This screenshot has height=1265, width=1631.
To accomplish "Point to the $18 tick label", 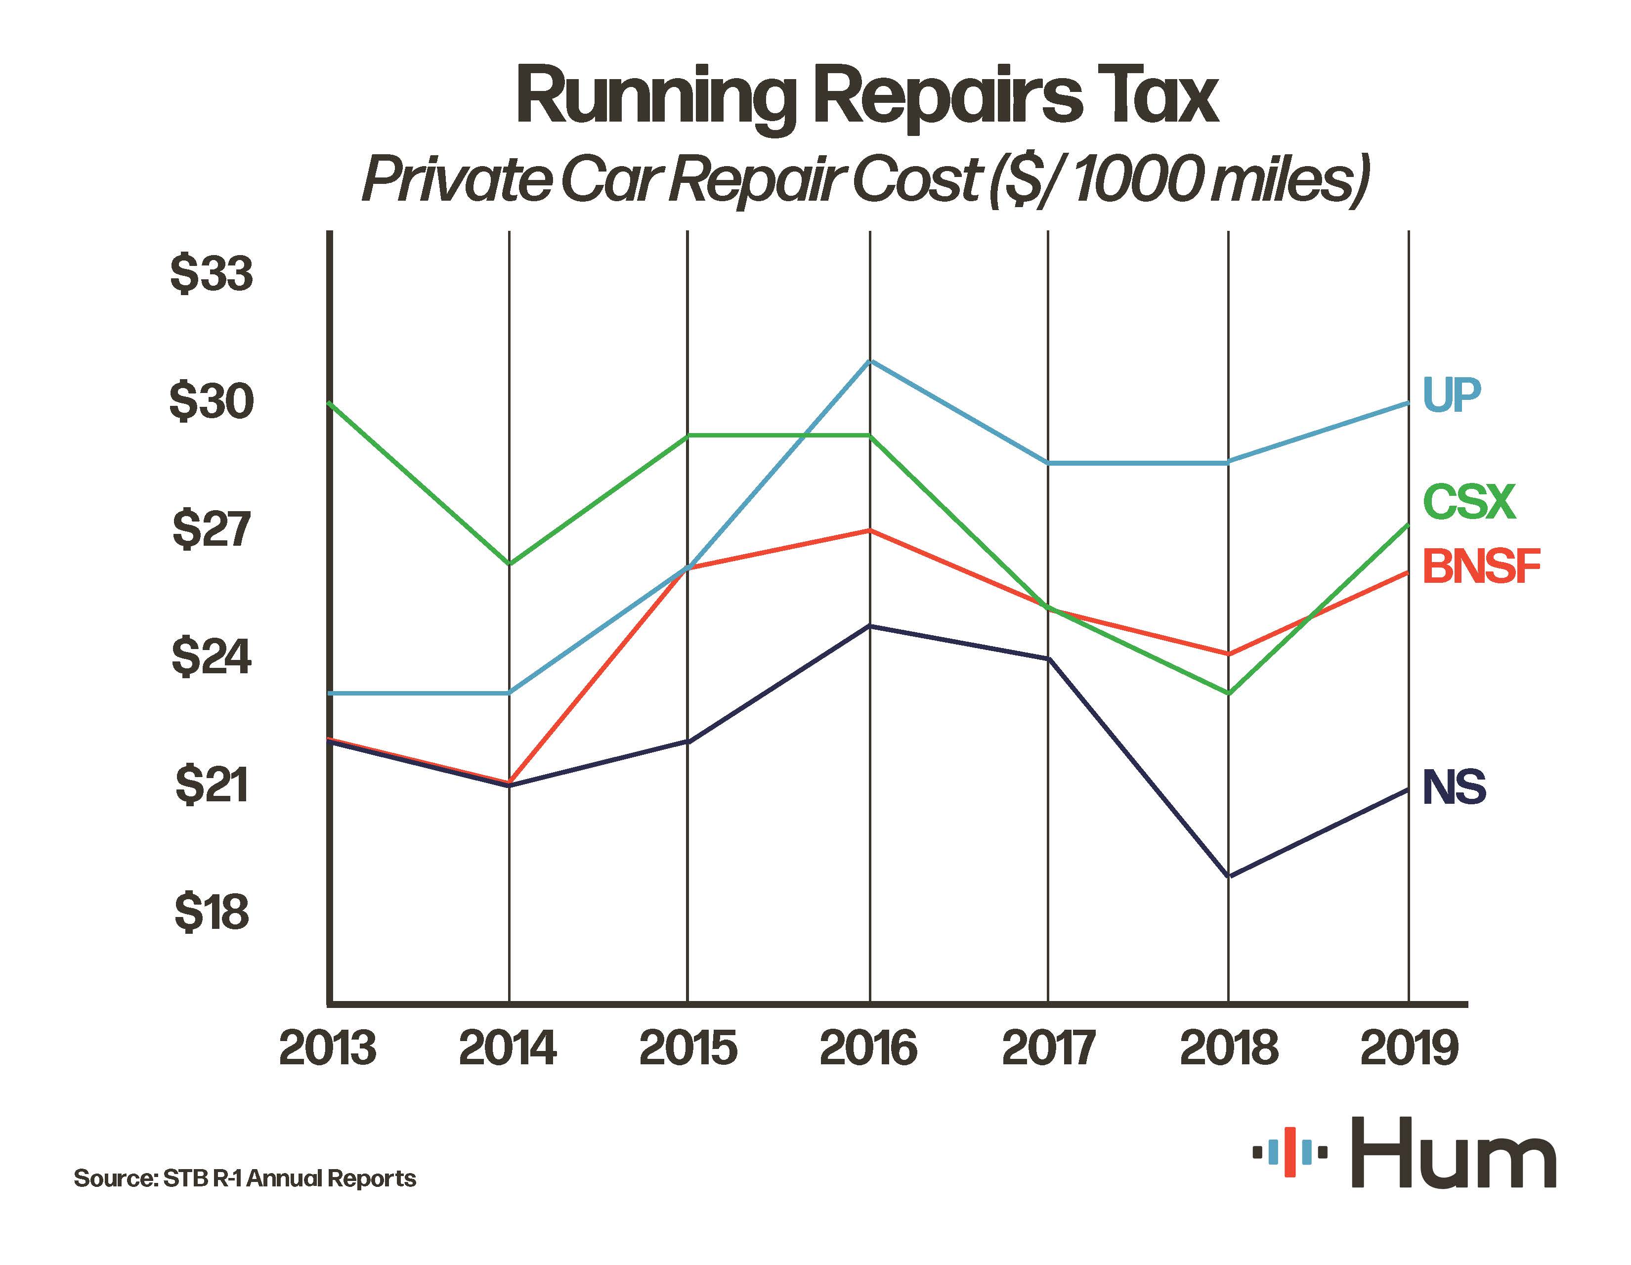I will (x=212, y=912).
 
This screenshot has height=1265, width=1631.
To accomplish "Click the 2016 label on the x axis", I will (x=868, y=1047).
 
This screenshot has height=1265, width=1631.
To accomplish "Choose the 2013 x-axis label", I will (x=328, y=1047).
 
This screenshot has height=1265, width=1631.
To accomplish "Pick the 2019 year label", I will (x=1409, y=1047).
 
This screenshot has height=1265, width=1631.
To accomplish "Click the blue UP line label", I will (x=1452, y=394).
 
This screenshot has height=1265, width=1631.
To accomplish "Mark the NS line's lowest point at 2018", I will (x=1229, y=876).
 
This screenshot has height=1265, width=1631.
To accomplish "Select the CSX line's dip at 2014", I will (x=509, y=565).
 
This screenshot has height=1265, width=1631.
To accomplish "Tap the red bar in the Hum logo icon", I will (x=1289, y=1153).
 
